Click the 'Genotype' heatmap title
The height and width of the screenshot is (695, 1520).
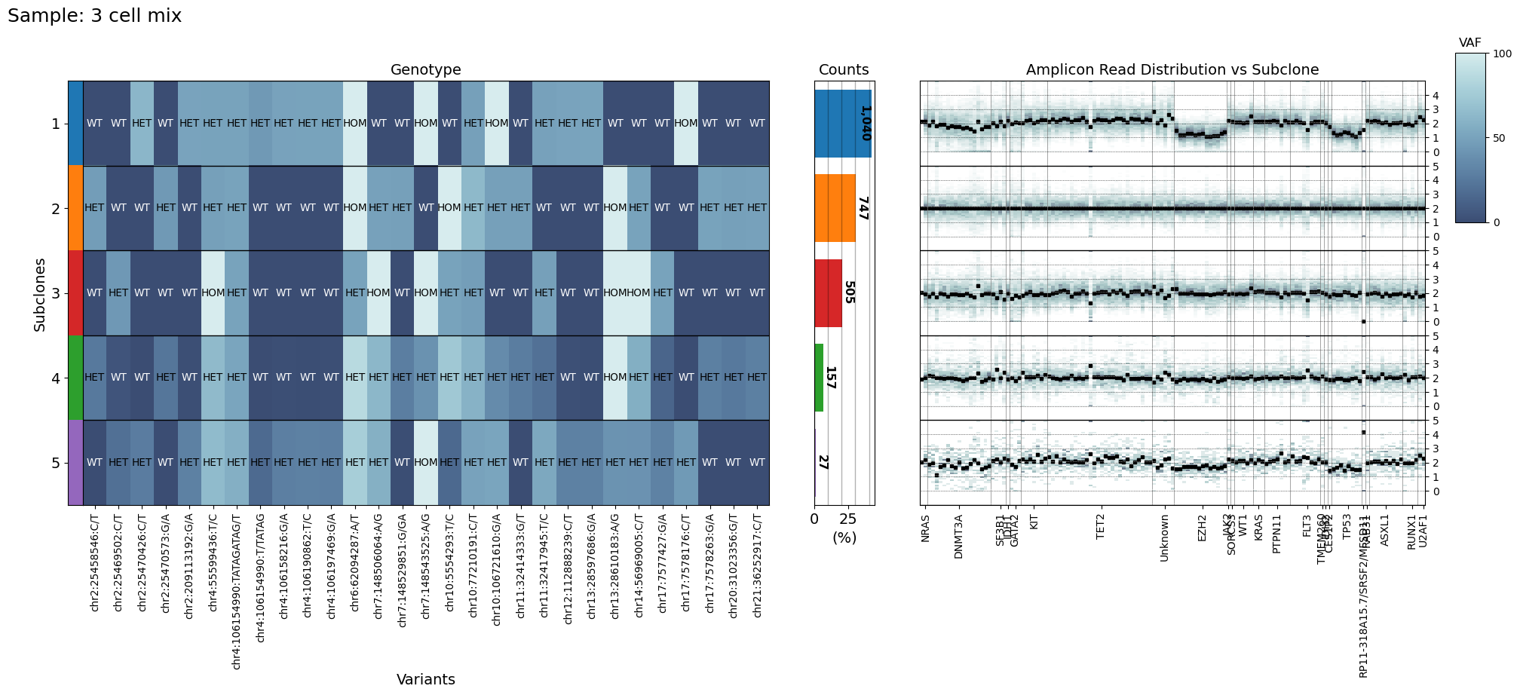click(x=425, y=70)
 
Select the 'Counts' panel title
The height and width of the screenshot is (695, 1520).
click(x=844, y=70)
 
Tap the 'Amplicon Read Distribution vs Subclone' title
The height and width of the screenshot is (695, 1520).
click(x=1172, y=70)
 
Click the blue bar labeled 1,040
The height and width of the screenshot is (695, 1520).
click(x=842, y=124)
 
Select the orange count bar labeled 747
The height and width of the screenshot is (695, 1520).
click(x=835, y=208)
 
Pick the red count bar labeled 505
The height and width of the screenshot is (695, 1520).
click(x=828, y=292)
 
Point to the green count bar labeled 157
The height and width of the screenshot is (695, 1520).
click(x=819, y=377)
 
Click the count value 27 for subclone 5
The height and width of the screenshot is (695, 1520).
click(x=823, y=462)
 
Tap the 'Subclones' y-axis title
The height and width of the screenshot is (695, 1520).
click(x=40, y=294)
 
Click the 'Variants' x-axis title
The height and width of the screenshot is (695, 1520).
click(x=425, y=679)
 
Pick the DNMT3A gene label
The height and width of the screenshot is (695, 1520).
click(x=959, y=537)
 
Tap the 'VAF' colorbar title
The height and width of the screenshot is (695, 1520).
click(x=1470, y=43)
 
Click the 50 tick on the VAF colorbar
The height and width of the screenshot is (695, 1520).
click(x=1498, y=138)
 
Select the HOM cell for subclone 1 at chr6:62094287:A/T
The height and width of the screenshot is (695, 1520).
click(x=355, y=124)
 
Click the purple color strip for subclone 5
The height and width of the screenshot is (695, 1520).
click(x=75, y=462)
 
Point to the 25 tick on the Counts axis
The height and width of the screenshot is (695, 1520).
click(x=848, y=519)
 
